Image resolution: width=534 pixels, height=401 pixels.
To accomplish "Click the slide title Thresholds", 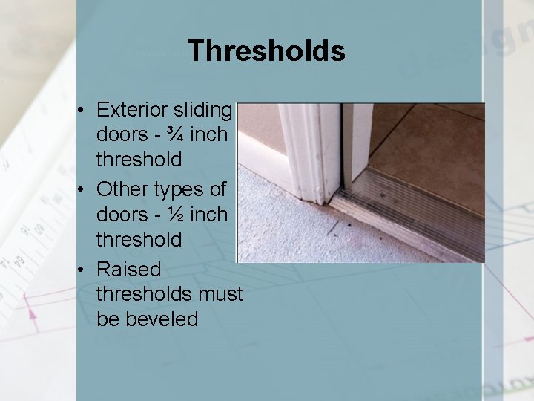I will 266,50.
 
